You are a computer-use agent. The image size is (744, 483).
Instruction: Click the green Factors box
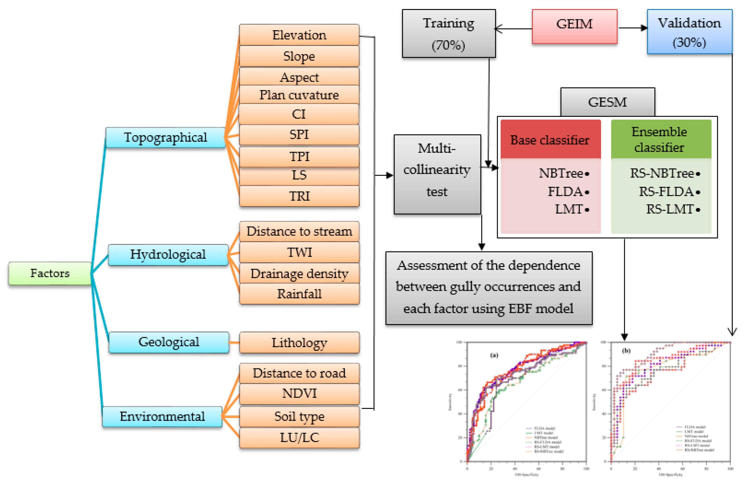(x=50, y=273)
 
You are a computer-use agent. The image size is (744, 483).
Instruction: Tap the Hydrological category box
(x=168, y=255)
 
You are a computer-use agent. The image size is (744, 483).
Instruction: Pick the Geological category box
(x=169, y=342)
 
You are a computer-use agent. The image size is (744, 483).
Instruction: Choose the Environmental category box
(x=162, y=417)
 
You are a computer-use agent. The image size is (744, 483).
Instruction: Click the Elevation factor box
(x=299, y=35)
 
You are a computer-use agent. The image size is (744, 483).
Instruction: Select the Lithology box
(x=299, y=343)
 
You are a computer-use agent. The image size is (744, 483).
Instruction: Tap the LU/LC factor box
(x=299, y=437)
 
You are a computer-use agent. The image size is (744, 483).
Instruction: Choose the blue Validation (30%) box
(x=689, y=32)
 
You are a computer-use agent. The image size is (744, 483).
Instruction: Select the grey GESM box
(x=607, y=102)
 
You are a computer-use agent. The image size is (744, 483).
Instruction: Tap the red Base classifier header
(x=550, y=140)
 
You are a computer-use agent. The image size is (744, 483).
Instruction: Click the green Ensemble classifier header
(x=661, y=140)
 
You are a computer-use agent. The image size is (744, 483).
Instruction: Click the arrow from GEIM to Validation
(x=633, y=28)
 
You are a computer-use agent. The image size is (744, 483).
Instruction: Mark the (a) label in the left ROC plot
(x=494, y=355)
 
